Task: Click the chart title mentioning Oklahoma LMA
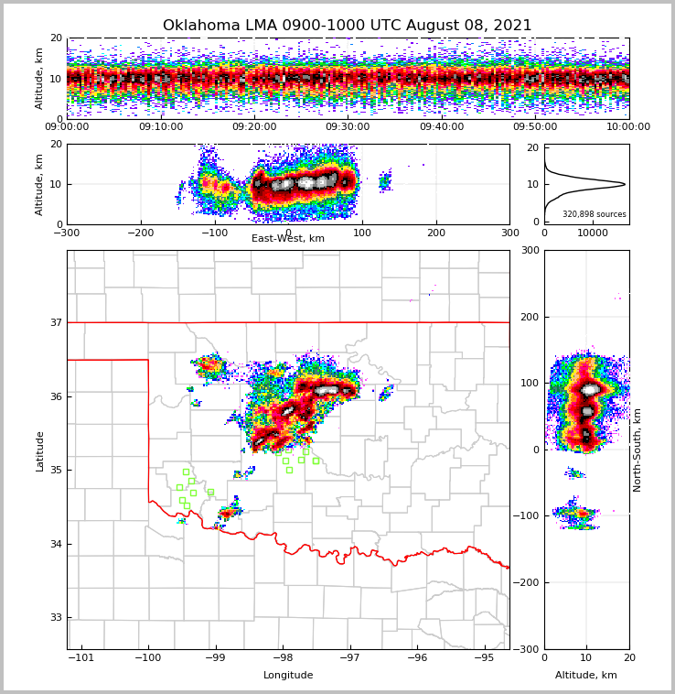347,26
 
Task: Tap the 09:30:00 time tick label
348,127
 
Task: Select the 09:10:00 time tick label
160,127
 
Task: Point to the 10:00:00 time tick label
628,127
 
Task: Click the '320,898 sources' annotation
594,214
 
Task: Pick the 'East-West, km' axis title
288,238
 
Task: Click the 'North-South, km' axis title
637,450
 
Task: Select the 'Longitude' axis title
288,676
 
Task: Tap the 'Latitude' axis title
39,450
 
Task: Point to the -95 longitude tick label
485,657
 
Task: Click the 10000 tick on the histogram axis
593,233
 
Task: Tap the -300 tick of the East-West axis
67,233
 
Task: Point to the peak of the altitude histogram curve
625,184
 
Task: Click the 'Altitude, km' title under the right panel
586,676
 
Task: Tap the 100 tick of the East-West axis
362,233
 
